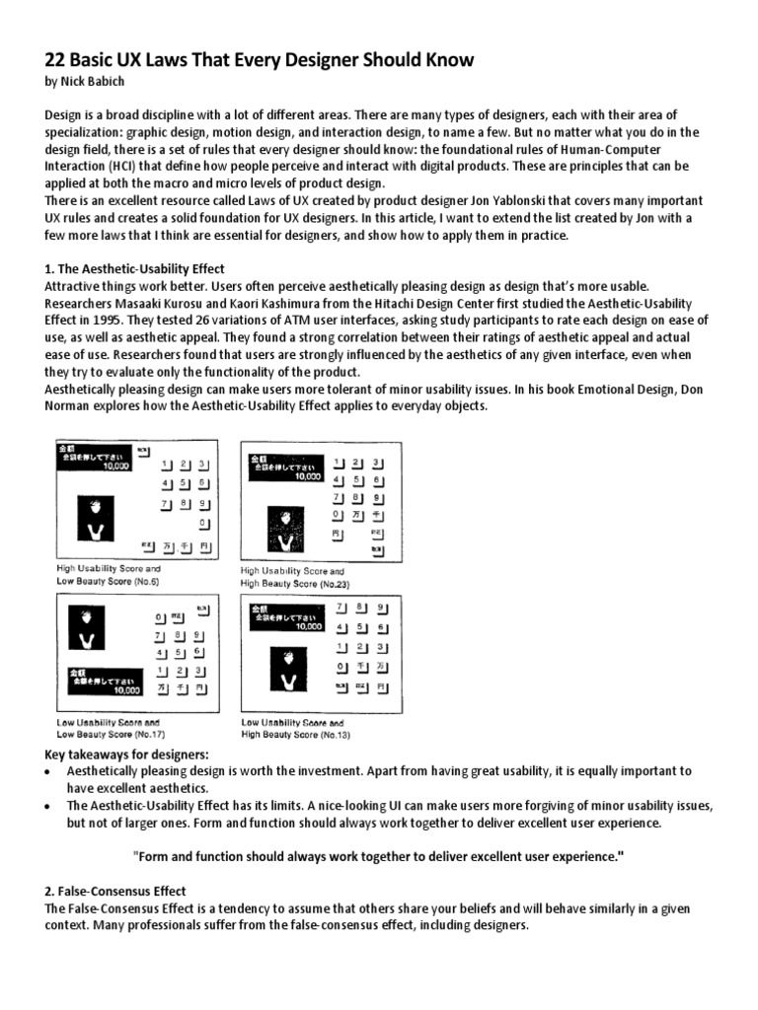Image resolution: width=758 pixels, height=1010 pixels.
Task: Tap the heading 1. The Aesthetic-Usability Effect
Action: point(135,268)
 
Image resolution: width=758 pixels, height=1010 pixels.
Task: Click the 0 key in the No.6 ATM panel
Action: point(202,522)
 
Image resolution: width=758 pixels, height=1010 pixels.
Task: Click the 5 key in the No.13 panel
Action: point(360,627)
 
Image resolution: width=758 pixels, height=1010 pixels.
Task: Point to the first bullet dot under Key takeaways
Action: point(49,771)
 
